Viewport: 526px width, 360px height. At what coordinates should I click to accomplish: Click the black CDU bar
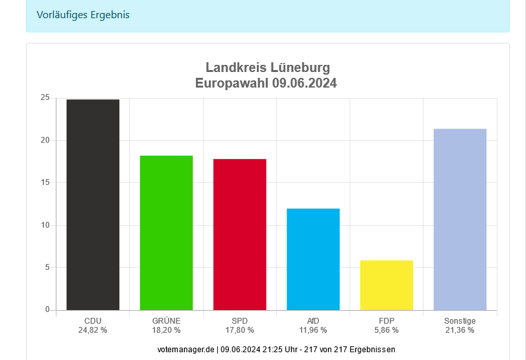(x=93, y=204)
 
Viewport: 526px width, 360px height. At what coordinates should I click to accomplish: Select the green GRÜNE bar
(x=166, y=232)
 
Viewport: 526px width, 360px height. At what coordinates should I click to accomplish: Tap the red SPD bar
(x=239, y=234)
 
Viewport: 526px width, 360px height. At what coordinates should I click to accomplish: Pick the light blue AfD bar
(x=313, y=259)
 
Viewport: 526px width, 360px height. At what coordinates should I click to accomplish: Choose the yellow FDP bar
(x=387, y=285)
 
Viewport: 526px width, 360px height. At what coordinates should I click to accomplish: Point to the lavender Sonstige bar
(x=460, y=219)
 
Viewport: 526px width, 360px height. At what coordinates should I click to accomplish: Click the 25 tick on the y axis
(x=45, y=98)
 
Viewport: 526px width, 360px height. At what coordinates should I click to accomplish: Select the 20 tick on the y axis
(x=45, y=140)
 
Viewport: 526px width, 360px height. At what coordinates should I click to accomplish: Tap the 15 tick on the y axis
(x=45, y=183)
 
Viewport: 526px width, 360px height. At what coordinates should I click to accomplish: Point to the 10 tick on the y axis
(x=45, y=225)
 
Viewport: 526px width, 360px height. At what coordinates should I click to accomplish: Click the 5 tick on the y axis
(x=47, y=267)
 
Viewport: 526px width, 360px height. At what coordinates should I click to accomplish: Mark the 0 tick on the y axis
(x=47, y=309)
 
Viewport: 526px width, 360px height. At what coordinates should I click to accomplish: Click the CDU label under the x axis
(x=93, y=320)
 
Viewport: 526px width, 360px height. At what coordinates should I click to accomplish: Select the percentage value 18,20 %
(x=166, y=330)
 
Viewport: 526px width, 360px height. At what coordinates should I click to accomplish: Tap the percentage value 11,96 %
(x=313, y=330)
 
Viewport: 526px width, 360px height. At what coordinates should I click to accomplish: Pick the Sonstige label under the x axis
(x=460, y=320)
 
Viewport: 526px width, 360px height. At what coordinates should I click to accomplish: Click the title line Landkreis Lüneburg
(x=268, y=67)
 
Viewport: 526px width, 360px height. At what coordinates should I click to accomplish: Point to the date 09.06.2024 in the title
(x=304, y=83)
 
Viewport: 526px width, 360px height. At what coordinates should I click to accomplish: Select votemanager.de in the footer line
(x=185, y=349)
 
